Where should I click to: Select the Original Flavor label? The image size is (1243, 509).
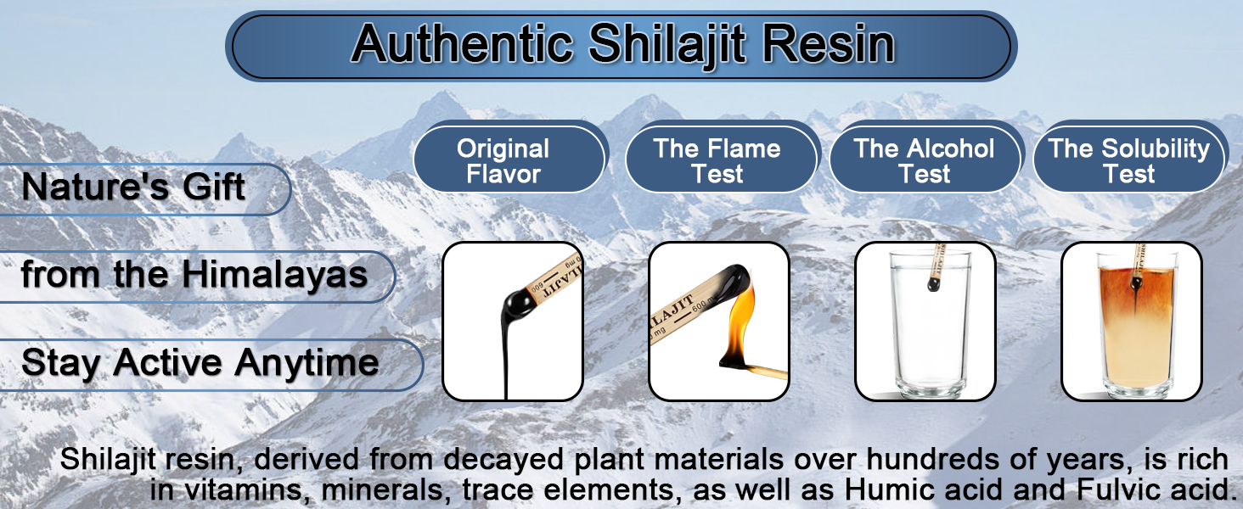point(503,161)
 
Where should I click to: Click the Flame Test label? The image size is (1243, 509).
point(717,161)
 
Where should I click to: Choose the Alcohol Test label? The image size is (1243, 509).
point(925,161)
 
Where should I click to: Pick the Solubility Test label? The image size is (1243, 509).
point(1129,161)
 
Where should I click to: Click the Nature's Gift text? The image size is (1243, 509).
point(134,187)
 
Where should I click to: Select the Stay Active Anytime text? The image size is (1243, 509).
point(200,363)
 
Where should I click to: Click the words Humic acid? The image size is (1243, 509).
point(952,490)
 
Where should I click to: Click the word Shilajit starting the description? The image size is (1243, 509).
point(110,461)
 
